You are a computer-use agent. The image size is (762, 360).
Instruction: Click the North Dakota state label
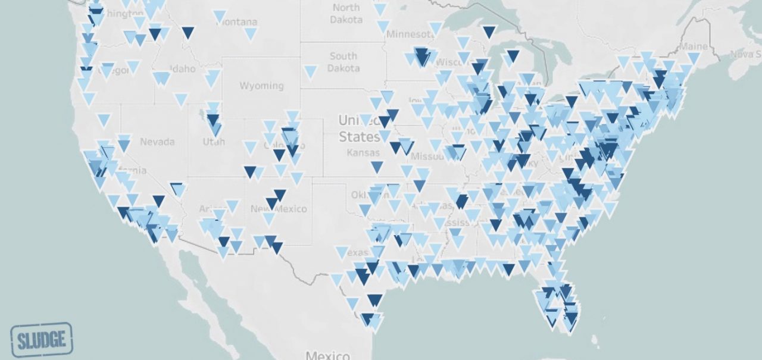click(346, 13)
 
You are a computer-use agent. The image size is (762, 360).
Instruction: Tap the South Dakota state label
click(343, 62)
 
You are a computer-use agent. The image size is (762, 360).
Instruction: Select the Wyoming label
click(261, 86)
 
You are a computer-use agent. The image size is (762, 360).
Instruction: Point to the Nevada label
click(157, 142)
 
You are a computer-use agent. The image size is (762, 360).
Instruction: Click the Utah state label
click(214, 142)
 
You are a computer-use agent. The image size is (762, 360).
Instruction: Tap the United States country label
click(359, 129)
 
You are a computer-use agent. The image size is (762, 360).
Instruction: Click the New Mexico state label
click(279, 209)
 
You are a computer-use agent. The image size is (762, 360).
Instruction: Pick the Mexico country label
click(327, 355)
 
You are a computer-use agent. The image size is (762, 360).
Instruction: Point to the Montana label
click(238, 23)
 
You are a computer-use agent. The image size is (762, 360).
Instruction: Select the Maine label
click(693, 46)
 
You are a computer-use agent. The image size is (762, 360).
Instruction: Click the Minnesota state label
click(411, 34)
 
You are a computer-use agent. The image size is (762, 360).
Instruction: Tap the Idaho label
click(182, 69)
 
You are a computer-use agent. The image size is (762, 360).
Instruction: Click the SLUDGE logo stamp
click(41, 340)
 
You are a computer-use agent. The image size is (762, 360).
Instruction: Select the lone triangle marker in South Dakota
click(310, 72)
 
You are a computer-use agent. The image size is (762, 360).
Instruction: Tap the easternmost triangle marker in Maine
click(693, 58)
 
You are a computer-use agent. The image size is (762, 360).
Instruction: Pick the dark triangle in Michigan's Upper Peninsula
click(489, 31)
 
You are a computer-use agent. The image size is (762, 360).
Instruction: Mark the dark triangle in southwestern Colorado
click(251, 172)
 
